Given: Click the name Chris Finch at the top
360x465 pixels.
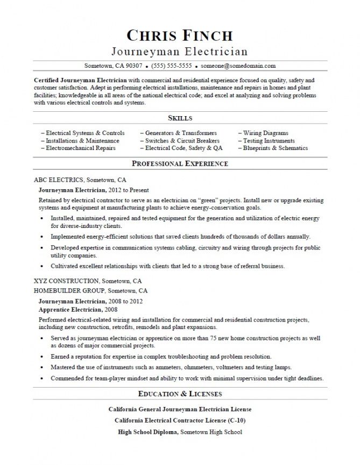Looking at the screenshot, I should point(180,35).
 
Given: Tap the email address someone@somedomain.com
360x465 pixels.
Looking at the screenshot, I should point(238,66).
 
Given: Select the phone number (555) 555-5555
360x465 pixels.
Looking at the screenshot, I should point(171,66).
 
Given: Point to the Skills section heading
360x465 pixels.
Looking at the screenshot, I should point(180,118).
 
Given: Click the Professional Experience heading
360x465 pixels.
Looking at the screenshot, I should point(180,163).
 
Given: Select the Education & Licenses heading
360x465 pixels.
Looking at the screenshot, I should point(180,394).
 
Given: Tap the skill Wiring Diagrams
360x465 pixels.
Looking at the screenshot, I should point(265,133).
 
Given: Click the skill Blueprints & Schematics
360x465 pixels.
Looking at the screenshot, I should point(275,148).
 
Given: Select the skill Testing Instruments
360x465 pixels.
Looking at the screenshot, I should point(269,140).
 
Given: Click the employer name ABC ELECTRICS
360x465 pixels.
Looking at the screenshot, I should point(59,180).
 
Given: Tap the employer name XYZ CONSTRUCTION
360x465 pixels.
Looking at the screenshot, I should point(66,281).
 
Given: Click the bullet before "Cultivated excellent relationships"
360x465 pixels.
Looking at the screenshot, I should point(42,266).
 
